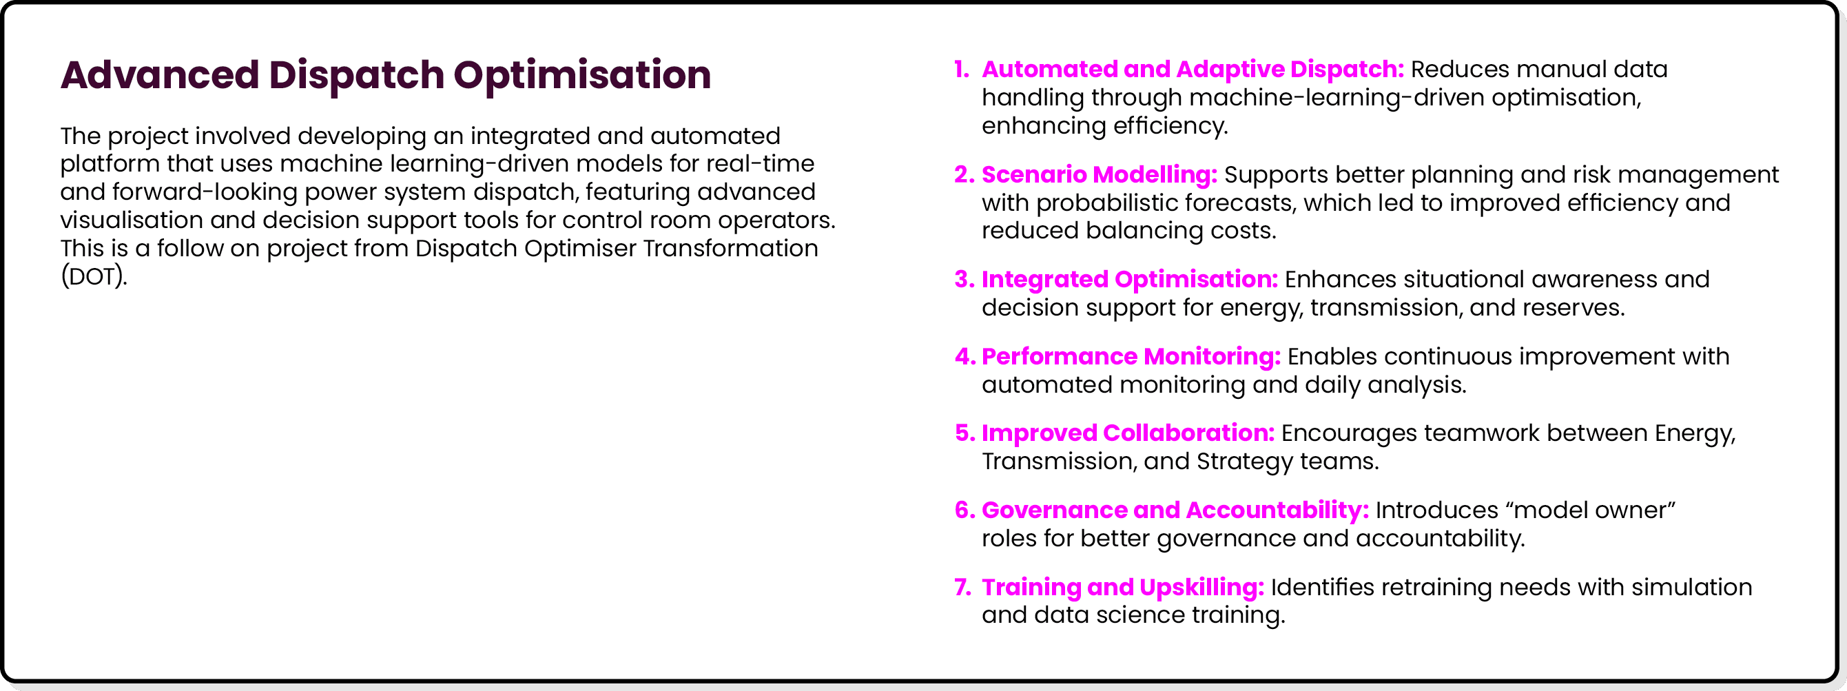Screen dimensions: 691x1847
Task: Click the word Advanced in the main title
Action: (159, 74)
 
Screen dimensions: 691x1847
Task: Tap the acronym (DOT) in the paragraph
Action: (93, 276)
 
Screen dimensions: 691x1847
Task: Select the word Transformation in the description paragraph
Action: (730, 248)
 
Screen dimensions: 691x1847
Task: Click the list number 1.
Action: (961, 70)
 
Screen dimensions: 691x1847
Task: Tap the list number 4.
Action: (964, 356)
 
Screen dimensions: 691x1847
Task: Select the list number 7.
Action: (962, 587)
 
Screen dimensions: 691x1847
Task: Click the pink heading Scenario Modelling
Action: (1099, 174)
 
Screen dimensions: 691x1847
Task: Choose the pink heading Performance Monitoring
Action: (1131, 356)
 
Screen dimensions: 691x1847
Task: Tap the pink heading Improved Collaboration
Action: (1127, 433)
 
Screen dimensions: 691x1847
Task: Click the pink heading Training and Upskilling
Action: (1122, 587)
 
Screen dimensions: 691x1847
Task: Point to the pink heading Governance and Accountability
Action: (1175, 510)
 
